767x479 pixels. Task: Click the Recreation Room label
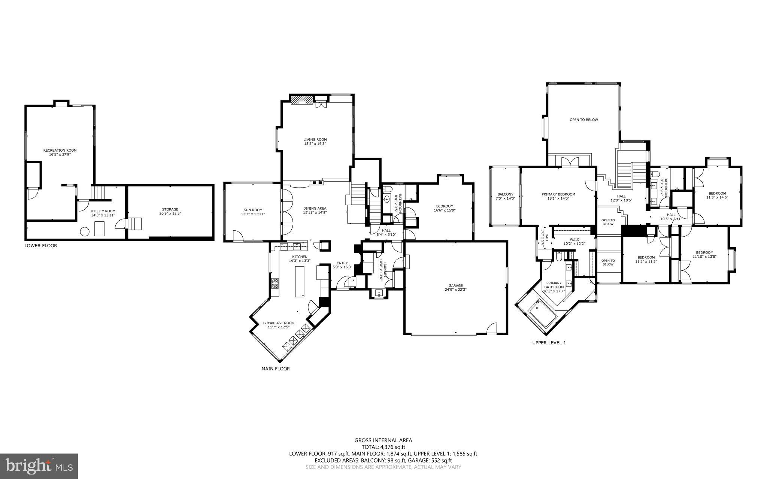point(62,150)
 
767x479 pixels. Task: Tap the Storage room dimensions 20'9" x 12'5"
point(170,213)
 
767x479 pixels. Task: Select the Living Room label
point(315,139)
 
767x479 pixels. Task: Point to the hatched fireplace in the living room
point(302,100)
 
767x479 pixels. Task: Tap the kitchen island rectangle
point(300,281)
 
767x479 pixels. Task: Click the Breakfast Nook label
point(278,323)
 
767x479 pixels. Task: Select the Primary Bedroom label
point(558,194)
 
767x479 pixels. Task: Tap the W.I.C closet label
point(574,239)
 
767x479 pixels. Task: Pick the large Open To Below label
point(583,120)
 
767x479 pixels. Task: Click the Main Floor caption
point(275,369)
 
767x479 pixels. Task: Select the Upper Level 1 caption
point(549,342)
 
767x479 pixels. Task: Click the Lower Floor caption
point(41,246)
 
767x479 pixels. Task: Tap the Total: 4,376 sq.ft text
point(383,447)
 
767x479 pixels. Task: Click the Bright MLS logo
point(39,466)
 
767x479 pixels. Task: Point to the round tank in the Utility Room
point(85,232)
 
